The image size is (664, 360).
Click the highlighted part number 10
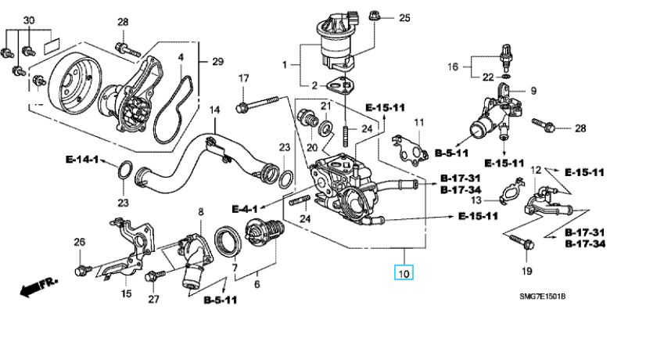point(404,273)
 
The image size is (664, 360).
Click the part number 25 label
point(404,17)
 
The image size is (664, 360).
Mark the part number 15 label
point(126,293)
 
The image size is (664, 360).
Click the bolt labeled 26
point(81,271)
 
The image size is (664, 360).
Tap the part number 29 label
point(217,61)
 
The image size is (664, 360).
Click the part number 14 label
point(214,110)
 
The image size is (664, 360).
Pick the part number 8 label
point(200,211)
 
